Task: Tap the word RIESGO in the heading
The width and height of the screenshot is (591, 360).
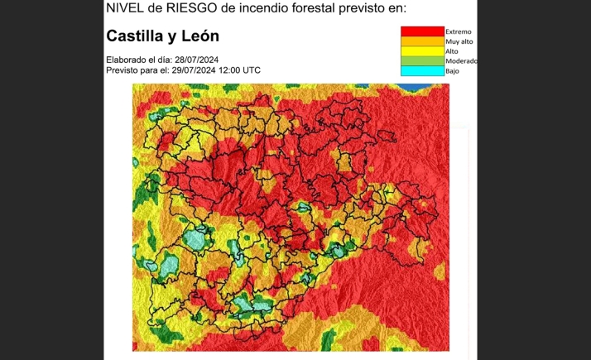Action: pyautogui.click(x=184, y=8)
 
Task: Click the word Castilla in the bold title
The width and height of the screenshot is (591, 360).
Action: pyautogui.click(x=137, y=36)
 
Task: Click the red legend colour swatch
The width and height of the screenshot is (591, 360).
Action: pyautogui.click(x=422, y=31)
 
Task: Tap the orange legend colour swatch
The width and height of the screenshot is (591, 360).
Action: pyautogui.click(x=422, y=41)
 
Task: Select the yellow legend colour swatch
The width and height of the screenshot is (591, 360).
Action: pyautogui.click(x=422, y=51)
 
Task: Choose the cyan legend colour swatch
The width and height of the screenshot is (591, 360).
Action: pyautogui.click(x=422, y=71)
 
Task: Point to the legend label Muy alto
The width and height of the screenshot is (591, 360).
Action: pyautogui.click(x=459, y=41)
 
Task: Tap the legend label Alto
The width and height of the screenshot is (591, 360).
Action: pyautogui.click(x=452, y=51)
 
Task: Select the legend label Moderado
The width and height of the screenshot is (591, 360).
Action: pyautogui.click(x=461, y=61)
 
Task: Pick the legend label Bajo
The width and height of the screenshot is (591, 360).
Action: pyautogui.click(x=452, y=71)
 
